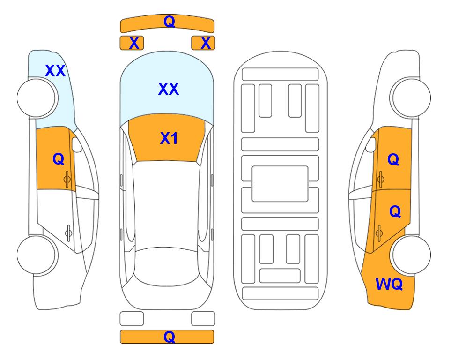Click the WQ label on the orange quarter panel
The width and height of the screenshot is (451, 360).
(x=389, y=284)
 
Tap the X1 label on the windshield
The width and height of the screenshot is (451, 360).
(x=169, y=138)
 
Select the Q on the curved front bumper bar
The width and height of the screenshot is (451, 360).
(x=169, y=21)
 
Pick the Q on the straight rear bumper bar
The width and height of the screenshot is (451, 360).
(x=169, y=337)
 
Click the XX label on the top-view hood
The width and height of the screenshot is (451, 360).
(x=169, y=89)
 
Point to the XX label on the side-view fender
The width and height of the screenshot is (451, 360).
(x=55, y=71)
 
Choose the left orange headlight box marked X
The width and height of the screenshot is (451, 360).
(x=132, y=43)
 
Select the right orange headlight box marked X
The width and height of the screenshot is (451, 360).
(x=203, y=43)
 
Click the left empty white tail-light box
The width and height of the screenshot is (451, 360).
(x=132, y=319)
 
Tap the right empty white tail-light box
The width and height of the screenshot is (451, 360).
(x=203, y=319)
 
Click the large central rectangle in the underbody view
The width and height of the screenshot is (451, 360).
(x=280, y=184)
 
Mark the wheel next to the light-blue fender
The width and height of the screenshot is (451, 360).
(x=37, y=97)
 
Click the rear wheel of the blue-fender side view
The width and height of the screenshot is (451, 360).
(x=37, y=255)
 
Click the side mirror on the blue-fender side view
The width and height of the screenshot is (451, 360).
(x=77, y=144)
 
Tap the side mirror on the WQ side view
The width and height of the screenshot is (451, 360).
(x=371, y=144)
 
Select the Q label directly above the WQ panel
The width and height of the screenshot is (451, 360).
(x=395, y=212)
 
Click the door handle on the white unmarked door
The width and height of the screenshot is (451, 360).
(x=68, y=232)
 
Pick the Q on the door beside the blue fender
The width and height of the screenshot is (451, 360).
(x=58, y=159)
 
